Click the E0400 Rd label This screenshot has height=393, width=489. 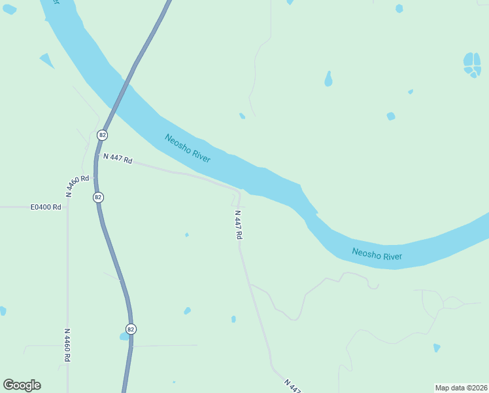click(x=46, y=207)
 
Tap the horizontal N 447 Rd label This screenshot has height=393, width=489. click(x=118, y=159)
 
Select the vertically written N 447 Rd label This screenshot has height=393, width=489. click(x=238, y=224)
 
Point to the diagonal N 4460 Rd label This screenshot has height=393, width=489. click(x=77, y=185)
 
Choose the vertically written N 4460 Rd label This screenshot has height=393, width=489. click(x=67, y=345)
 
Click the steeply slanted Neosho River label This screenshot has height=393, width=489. click(x=187, y=149)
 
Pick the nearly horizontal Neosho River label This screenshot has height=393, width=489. click(x=377, y=254)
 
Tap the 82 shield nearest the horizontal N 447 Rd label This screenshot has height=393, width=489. click(x=101, y=135)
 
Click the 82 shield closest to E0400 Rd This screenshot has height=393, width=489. click(x=98, y=197)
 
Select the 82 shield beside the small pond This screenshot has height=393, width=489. click(x=131, y=329)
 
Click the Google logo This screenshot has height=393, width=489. click(x=22, y=385)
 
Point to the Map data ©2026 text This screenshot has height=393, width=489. click(x=460, y=388)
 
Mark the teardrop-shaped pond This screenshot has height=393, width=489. click(x=328, y=79)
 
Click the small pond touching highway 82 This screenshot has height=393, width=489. click(x=124, y=337)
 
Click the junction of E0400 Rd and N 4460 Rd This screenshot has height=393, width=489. click(x=67, y=207)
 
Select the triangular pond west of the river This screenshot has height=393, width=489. click(x=46, y=61)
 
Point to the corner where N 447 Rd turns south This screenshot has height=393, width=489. click(x=239, y=193)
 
